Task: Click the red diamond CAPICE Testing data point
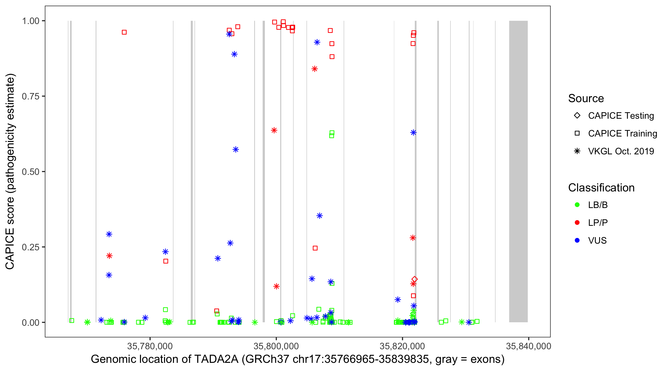coord(415,279)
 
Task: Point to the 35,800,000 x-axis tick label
coord(276,346)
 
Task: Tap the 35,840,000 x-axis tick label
coord(529,346)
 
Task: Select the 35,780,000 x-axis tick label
coord(150,346)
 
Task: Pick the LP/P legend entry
coord(598,222)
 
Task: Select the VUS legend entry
coord(597,240)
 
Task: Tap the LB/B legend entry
coord(598,205)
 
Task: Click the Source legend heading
coord(586,98)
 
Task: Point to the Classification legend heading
coord(601,187)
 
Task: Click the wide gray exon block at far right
coord(518,171)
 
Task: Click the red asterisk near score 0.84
coord(314,69)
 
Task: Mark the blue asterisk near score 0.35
coord(319,216)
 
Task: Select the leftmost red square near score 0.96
coord(124,32)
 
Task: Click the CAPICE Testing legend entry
coord(621,116)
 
